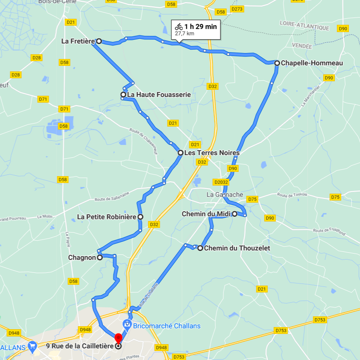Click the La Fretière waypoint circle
pyautogui.click(x=99, y=41)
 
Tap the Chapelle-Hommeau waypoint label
pyautogui.click(x=312, y=63)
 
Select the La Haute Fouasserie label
pyautogui.click(x=158, y=94)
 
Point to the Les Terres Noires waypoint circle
pyautogui.click(x=181, y=153)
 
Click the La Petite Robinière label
pyautogui.click(x=107, y=217)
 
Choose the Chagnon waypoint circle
pyautogui.click(x=100, y=257)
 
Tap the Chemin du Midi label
pyautogui.click(x=206, y=214)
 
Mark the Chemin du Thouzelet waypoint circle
pyautogui.click(x=200, y=248)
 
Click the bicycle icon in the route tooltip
pyautogui.click(x=179, y=27)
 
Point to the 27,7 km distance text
pyautogui.click(x=184, y=33)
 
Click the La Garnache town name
pyautogui.click(x=225, y=195)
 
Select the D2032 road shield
pyautogui.click(x=221, y=182)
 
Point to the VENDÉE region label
pyautogui.click(x=302, y=45)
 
